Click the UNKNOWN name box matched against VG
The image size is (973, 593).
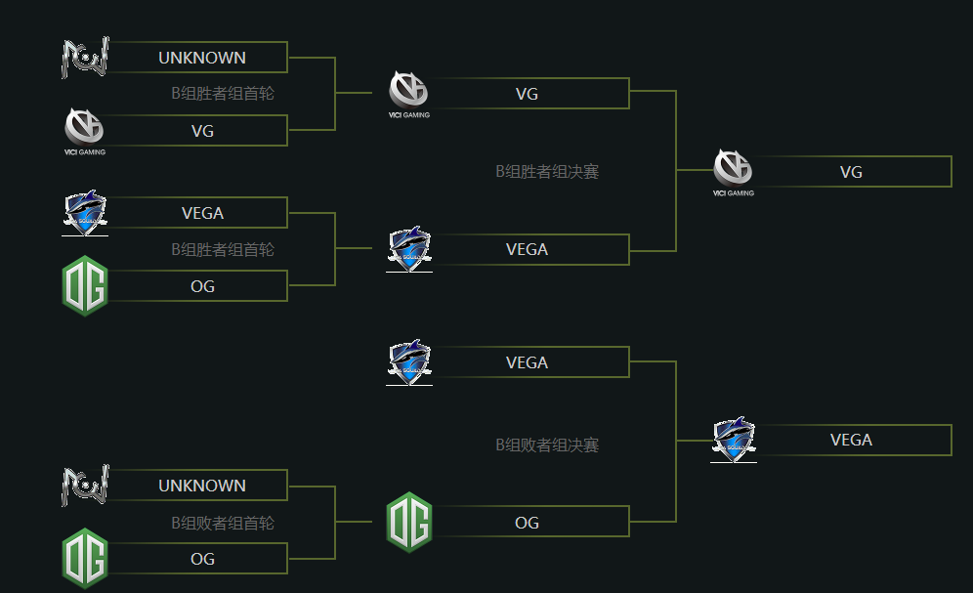tap(202, 58)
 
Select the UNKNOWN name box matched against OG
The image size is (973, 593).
tap(202, 486)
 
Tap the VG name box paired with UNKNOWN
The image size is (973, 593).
tap(202, 131)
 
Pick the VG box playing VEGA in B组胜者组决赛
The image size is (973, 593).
tap(527, 94)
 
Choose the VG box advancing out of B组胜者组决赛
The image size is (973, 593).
tap(851, 172)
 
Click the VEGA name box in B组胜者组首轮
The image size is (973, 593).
tap(202, 213)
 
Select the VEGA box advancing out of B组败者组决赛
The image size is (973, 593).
tap(851, 440)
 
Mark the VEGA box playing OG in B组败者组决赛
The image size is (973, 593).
tap(527, 362)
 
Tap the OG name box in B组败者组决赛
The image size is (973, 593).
tap(527, 523)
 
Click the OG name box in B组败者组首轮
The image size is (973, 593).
tap(202, 559)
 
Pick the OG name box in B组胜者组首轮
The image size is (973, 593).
tap(202, 286)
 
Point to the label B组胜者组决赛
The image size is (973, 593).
tap(546, 172)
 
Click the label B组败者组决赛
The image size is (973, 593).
tap(546, 445)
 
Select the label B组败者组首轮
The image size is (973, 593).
tap(223, 524)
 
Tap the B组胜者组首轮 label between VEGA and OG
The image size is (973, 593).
tap(223, 250)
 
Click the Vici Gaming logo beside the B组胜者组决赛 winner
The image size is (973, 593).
tap(734, 171)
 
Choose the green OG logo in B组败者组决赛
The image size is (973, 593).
tap(409, 522)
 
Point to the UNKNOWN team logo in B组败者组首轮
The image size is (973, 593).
tap(85, 486)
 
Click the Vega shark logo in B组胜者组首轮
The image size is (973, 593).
tap(85, 213)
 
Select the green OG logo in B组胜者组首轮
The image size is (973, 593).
tap(85, 285)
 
